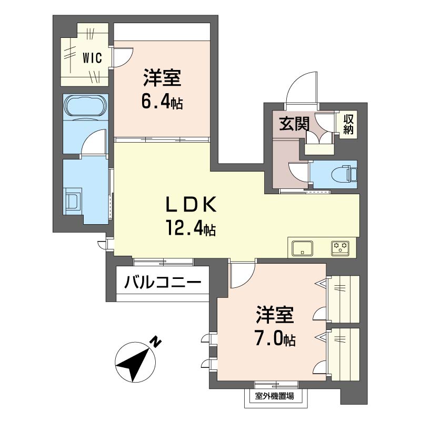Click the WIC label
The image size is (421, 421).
tap(92, 58)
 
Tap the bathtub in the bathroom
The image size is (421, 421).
tap(85, 107)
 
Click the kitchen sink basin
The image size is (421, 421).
tap(303, 248)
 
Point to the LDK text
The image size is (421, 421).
tap(191, 205)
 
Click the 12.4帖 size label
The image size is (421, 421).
tap(191, 228)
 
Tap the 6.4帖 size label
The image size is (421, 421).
tap(162, 102)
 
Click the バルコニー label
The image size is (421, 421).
tap(163, 282)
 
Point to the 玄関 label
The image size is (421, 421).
tap(294, 124)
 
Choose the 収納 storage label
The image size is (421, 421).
tap(348, 124)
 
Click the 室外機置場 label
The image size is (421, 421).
tap(274, 396)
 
